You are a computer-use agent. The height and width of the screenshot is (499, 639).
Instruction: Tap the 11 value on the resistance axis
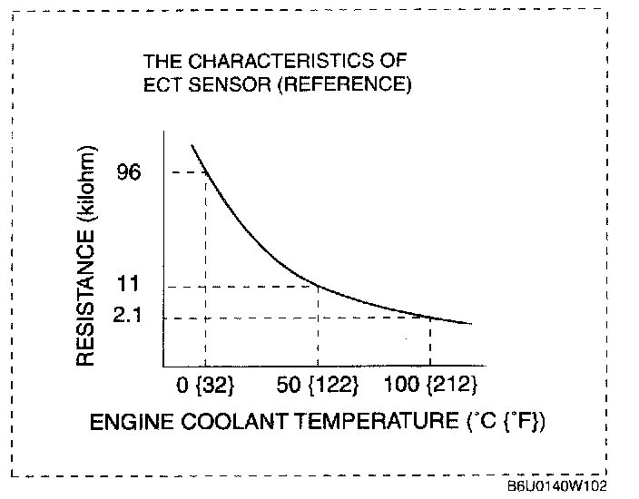(x=129, y=285)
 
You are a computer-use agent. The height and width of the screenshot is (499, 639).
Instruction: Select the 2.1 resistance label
(x=130, y=318)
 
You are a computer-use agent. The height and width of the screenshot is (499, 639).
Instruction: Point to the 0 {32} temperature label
(x=206, y=386)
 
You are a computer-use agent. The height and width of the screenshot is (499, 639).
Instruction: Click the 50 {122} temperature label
(x=318, y=386)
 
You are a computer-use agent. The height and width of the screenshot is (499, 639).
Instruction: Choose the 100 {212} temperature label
(x=429, y=386)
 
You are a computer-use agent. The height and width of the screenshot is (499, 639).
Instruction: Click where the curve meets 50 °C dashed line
(x=318, y=286)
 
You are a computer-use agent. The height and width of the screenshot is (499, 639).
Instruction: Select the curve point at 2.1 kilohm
(x=430, y=317)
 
